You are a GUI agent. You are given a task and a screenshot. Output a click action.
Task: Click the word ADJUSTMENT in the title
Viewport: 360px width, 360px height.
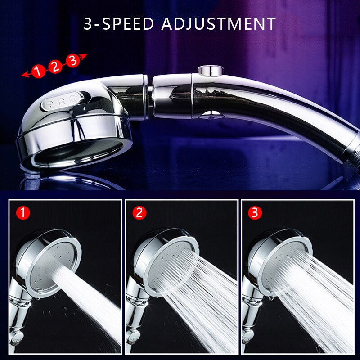click(x=218, y=23)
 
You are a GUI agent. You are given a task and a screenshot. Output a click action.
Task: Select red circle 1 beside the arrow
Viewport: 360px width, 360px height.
click(x=39, y=71)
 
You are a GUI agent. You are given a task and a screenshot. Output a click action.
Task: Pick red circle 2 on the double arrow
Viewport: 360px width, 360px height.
click(x=55, y=66)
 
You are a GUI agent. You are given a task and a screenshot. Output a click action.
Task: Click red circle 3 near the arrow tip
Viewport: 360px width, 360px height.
click(x=72, y=61)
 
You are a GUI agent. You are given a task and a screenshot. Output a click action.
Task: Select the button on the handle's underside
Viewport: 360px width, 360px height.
click(x=210, y=116)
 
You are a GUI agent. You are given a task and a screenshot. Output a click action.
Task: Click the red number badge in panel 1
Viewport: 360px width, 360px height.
click(x=23, y=212)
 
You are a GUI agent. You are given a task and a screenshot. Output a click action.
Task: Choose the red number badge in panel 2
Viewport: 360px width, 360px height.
click(x=139, y=212)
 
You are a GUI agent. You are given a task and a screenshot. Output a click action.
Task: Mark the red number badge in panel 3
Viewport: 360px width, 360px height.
click(x=256, y=212)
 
